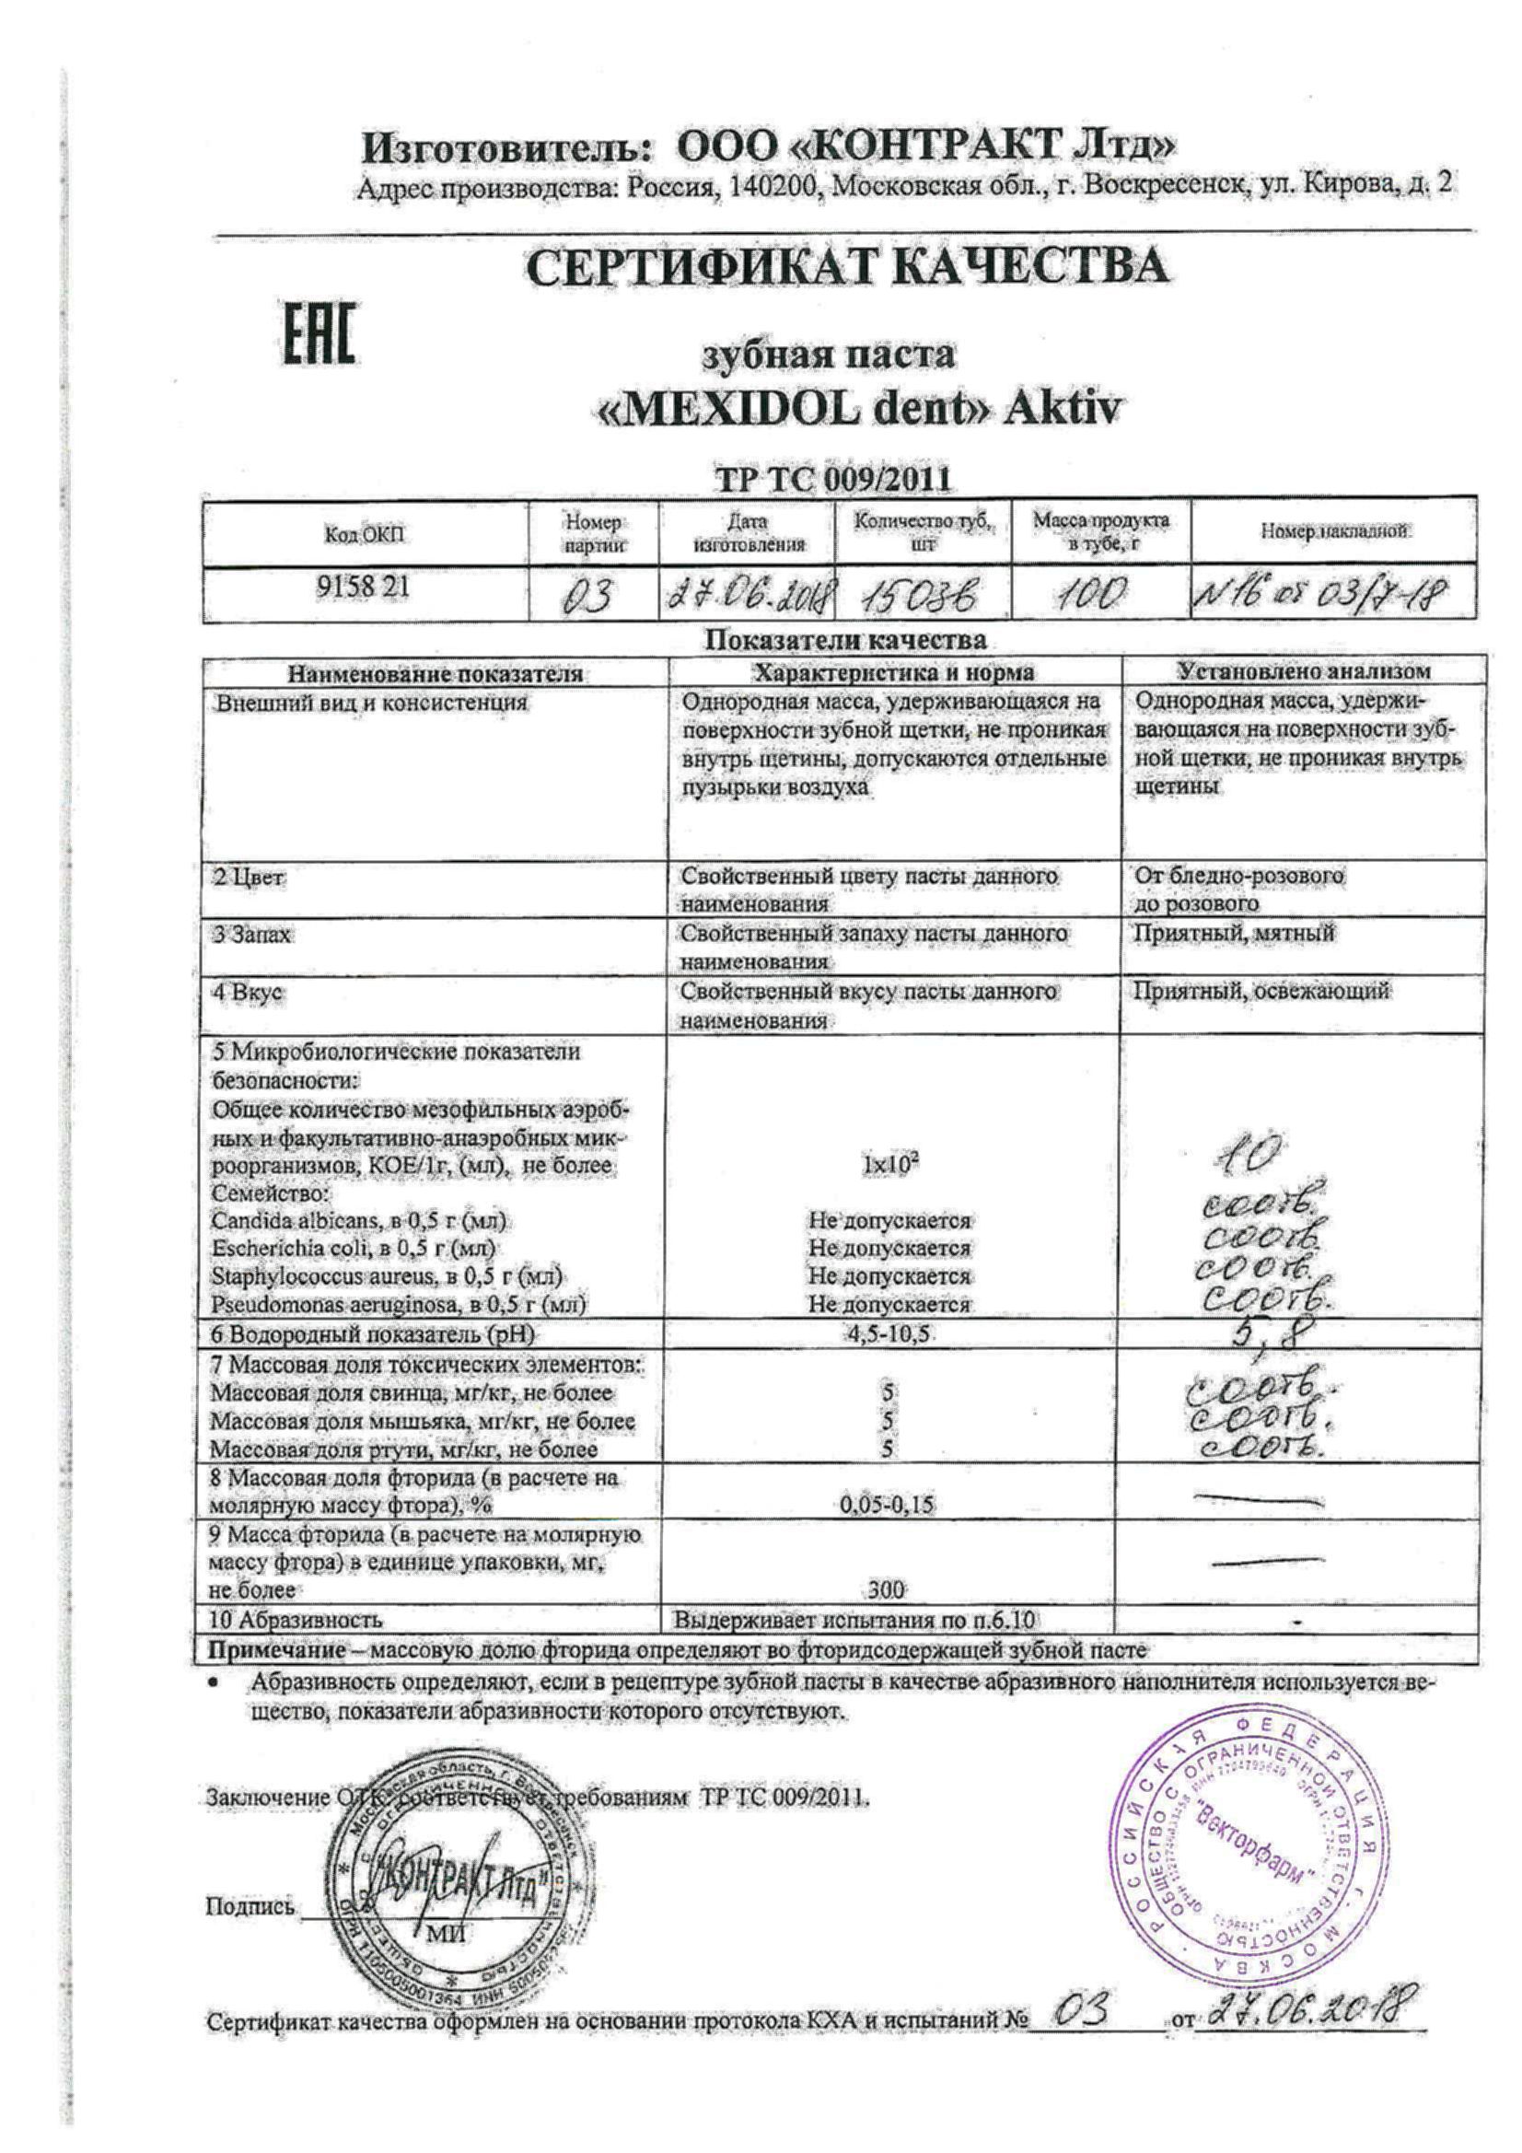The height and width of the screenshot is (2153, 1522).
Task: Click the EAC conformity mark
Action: [x=319, y=332]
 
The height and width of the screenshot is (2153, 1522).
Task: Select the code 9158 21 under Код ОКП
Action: [x=363, y=588]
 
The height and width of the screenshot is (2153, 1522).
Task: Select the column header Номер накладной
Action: [x=1333, y=531]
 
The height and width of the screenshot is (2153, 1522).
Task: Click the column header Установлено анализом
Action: [x=1304, y=670]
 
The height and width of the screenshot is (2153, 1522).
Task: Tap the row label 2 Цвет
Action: [x=250, y=878]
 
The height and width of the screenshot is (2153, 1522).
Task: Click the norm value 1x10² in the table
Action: [x=890, y=1166]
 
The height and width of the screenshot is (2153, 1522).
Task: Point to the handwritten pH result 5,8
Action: [x=1262, y=1333]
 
